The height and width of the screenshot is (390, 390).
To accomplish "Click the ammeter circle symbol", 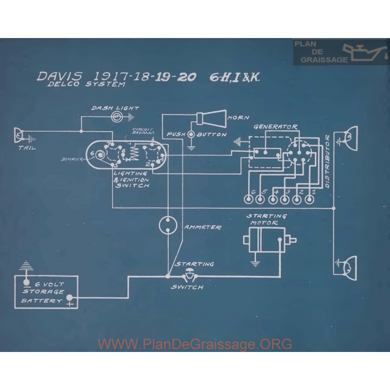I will click(168, 225).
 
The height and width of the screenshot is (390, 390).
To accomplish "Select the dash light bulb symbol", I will click(117, 117).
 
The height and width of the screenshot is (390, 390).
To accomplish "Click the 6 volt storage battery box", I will click(46, 292).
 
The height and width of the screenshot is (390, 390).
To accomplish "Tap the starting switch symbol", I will click(188, 277).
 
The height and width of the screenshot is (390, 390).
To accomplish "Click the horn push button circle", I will click(192, 134).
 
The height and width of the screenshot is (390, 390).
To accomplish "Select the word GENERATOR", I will click(275, 127).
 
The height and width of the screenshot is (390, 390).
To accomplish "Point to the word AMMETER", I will click(202, 227).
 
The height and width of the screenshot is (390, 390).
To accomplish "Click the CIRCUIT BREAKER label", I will click(144, 130).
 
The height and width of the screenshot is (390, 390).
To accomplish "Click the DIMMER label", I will click(72, 159).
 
